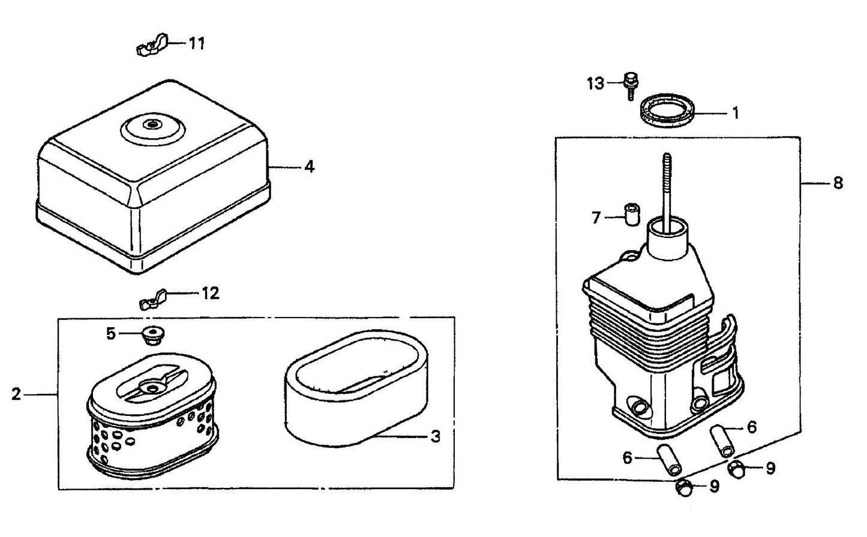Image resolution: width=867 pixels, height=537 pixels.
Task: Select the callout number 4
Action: [309, 167]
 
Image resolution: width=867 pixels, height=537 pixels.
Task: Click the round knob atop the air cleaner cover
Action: [151, 126]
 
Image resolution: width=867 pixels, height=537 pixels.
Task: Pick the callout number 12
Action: [211, 294]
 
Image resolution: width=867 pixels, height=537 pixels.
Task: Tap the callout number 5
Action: [111, 334]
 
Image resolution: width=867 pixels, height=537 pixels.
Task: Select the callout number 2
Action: [16, 394]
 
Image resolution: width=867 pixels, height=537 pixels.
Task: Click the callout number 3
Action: [436, 436]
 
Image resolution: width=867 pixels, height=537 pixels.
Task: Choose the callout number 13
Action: [595, 83]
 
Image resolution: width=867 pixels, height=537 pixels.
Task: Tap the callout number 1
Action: [736, 113]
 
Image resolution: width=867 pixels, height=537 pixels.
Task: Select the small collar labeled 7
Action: [631, 215]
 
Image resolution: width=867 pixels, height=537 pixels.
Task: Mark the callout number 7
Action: [596, 218]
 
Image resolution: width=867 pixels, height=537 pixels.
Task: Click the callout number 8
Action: [838, 183]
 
